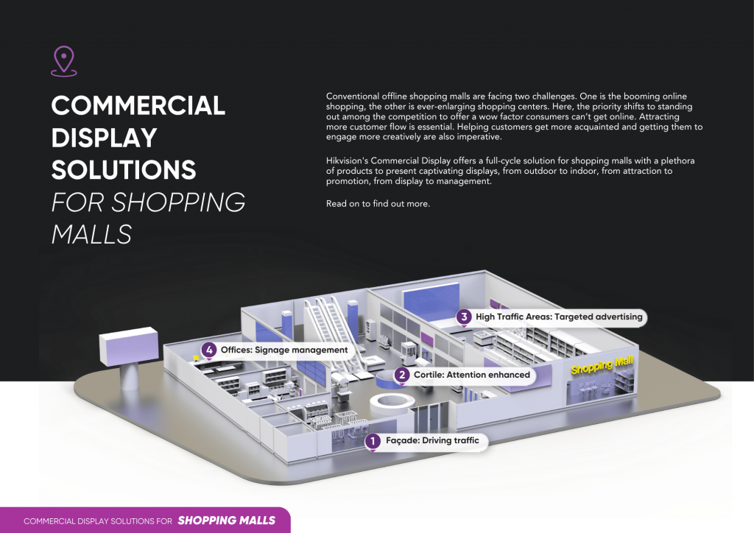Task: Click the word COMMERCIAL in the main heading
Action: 138,105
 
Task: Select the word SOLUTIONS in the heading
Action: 124,169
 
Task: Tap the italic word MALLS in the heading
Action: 91,234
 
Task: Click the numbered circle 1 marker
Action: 372,441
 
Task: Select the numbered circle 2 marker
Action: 402,375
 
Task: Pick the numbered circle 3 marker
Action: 464,317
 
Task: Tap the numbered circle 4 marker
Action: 208,350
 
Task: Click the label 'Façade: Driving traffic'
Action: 432,440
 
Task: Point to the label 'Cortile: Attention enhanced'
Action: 472,375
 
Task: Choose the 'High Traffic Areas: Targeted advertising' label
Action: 559,317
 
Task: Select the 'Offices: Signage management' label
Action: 283,350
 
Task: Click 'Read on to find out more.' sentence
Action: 378,204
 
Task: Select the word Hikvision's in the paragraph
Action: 348,160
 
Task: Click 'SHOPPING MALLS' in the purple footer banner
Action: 227,520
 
